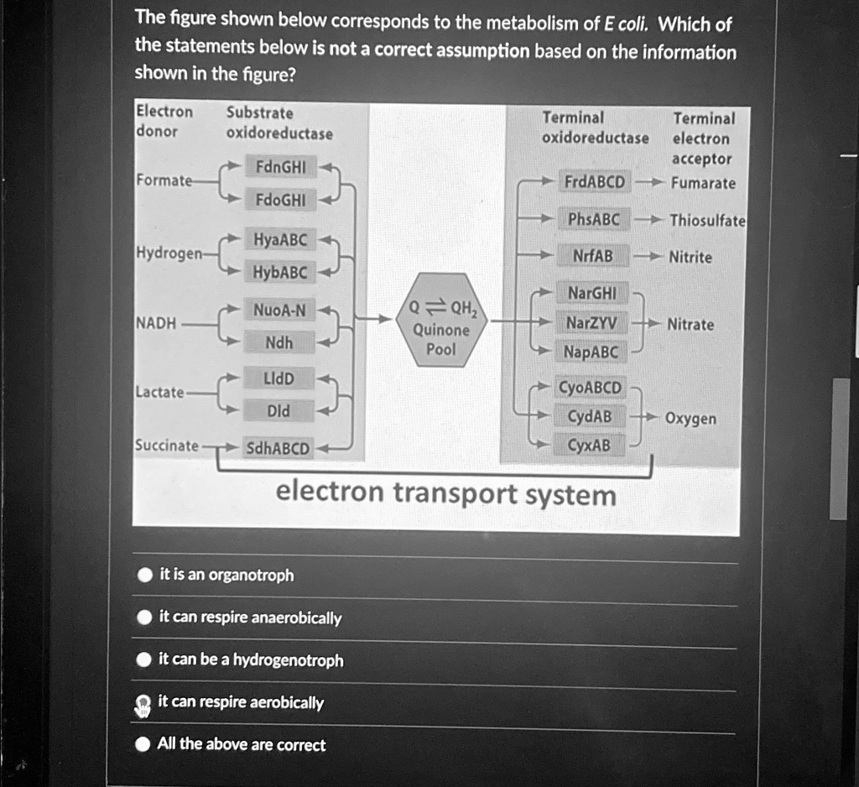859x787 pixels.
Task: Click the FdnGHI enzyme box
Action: pyautogui.click(x=279, y=167)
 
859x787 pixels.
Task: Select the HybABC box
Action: pyautogui.click(x=280, y=273)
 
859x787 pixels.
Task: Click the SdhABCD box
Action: pyautogui.click(x=277, y=448)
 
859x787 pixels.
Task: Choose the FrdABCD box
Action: pyautogui.click(x=594, y=182)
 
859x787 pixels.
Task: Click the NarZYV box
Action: pyautogui.click(x=591, y=323)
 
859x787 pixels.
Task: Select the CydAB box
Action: pyautogui.click(x=590, y=416)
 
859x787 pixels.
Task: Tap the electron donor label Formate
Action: pyautogui.click(x=163, y=181)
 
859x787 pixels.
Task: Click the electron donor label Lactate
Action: pyautogui.click(x=160, y=392)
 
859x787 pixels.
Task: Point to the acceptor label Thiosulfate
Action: pyautogui.click(x=706, y=221)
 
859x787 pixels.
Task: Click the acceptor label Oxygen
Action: pyautogui.click(x=690, y=418)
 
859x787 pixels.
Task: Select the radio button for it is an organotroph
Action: pyautogui.click(x=145, y=576)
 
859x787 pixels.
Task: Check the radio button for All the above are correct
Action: pyautogui.click(x=144, y=745)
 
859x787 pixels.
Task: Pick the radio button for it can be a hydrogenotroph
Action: pyautogui.click(x=145, y=660)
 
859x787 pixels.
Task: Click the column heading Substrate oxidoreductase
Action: pyautogui.click(x=279, y=123)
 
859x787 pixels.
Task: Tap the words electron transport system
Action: pyautogui.click(x=445, y=494)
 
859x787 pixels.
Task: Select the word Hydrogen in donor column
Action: pyautogui.click(x=167, y=253)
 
